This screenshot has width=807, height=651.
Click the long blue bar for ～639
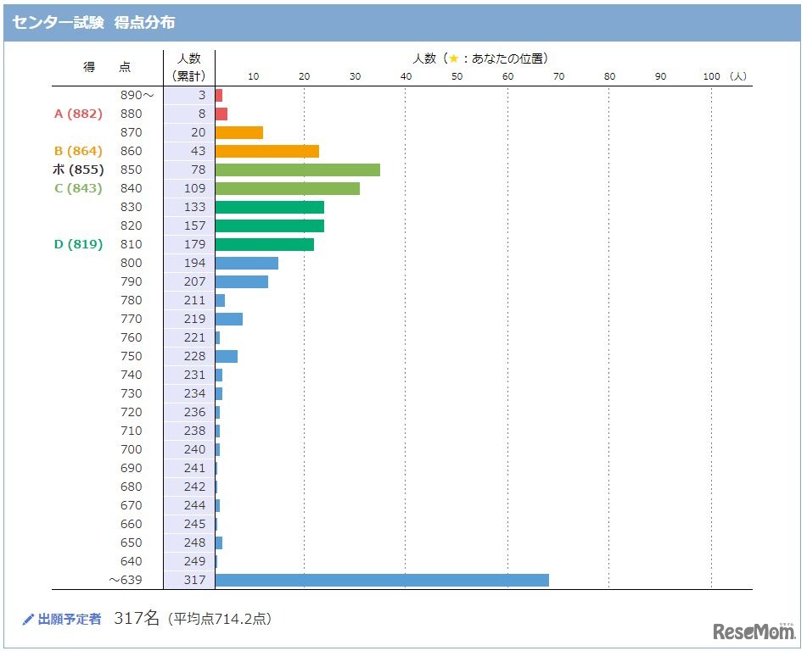coord(382,580)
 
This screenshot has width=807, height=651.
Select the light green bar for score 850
coord(297,170)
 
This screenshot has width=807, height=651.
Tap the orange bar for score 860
coord(266,151)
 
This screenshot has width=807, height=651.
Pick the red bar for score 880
coord(221,114)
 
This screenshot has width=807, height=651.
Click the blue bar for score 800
coord(246,263)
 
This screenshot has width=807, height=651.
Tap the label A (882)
coord(78,114)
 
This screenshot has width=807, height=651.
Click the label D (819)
coord(78,244)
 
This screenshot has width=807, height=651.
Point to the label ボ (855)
coord(78,170)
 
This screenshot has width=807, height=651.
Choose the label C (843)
coord(78,188)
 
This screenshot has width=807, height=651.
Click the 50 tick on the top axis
coord(457,76)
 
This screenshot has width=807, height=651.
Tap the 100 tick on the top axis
coord(711,76)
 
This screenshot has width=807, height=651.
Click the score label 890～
coord(137,95)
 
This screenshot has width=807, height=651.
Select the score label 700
coord(132,449)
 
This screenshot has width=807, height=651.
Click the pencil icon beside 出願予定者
coord(28,620)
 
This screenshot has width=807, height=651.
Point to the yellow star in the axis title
coord(453,58)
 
